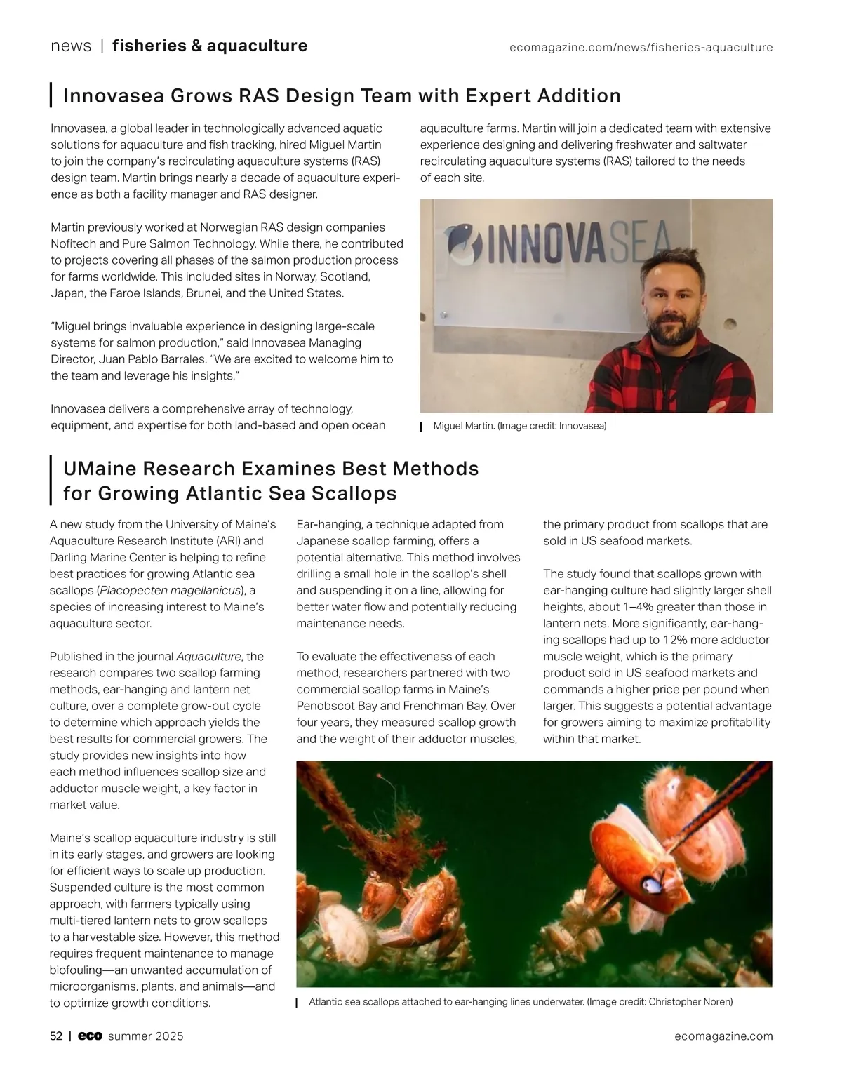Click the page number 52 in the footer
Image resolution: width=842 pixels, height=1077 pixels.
coord(56,1036)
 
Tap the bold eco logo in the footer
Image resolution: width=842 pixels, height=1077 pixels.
coord(90,1036)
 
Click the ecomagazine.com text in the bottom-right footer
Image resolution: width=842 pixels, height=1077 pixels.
coord(723,1036)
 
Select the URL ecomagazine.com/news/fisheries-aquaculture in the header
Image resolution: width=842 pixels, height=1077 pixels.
coord(641,48)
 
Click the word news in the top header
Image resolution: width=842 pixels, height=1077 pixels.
coord(71,46)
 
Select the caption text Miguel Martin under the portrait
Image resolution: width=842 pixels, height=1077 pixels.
coord(464,426)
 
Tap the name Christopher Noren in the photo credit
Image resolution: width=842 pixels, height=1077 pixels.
coord(690,1002)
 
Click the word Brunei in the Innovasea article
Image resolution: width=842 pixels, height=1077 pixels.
coord(203,293)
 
